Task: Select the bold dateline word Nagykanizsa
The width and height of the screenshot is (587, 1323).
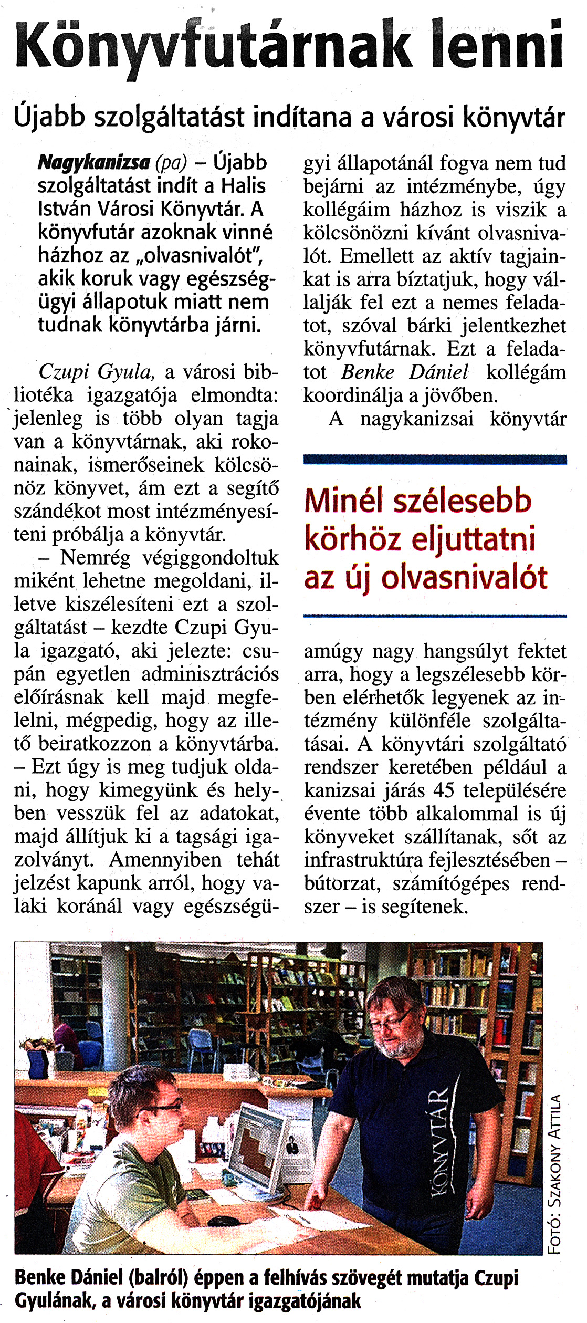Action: point(93,163)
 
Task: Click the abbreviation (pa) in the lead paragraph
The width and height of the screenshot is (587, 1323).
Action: point(171,163)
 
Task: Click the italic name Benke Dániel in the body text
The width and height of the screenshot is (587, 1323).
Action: point(404,372)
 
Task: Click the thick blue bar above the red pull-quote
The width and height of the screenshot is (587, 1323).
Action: point(435,460)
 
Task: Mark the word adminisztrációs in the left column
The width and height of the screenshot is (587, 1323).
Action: point(210,674)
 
